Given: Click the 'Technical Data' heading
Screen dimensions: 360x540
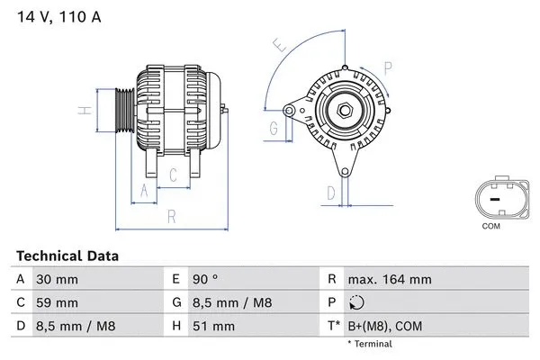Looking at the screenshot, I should point(67,256).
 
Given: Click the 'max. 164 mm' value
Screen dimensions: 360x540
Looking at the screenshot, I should point(391,280).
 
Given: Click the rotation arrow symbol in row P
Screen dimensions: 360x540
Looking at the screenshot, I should point(357,302).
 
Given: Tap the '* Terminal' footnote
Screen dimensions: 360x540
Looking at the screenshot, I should point(371,344).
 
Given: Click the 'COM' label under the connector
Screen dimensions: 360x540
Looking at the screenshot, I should point(490,226).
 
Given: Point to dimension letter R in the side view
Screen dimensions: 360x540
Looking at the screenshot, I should point(171,217).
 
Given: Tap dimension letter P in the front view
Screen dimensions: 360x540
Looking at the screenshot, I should point(387,66).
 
